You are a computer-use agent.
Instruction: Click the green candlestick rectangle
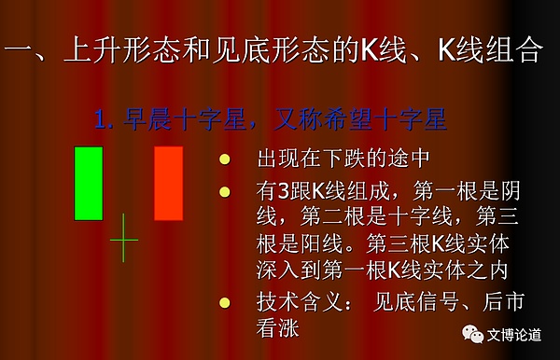(x=89, y=183)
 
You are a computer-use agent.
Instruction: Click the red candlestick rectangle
(x=169, y=183)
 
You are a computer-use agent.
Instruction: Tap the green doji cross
(x=123, y=239)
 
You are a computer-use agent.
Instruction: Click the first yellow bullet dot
(x=224, y=159)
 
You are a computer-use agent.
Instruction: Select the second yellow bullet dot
(x=224, y=193)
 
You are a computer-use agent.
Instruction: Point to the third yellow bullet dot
(x=224, y=301)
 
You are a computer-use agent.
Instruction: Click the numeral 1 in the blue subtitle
(x=99, y=119)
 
